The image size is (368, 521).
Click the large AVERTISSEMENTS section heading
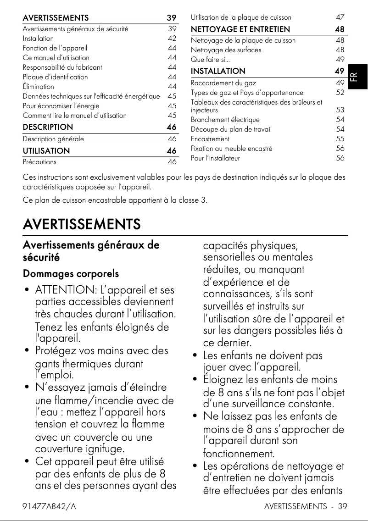[82, 225]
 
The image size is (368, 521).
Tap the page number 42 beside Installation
[172, 39]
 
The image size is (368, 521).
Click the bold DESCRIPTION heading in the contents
[48, 127]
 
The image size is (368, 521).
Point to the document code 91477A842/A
[50, 506]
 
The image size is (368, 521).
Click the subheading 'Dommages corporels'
[71, 274]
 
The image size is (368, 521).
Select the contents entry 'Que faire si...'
[210, 59]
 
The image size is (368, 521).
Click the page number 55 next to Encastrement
[340, 139]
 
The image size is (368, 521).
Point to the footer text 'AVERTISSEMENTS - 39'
[306, 506]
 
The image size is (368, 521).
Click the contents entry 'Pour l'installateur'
[215, 158]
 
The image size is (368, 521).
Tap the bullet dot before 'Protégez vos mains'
[28, 351]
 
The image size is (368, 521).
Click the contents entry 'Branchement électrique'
[225, 120]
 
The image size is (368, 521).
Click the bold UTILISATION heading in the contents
[46, 151]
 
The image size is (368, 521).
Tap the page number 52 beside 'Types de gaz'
[340, 93]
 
